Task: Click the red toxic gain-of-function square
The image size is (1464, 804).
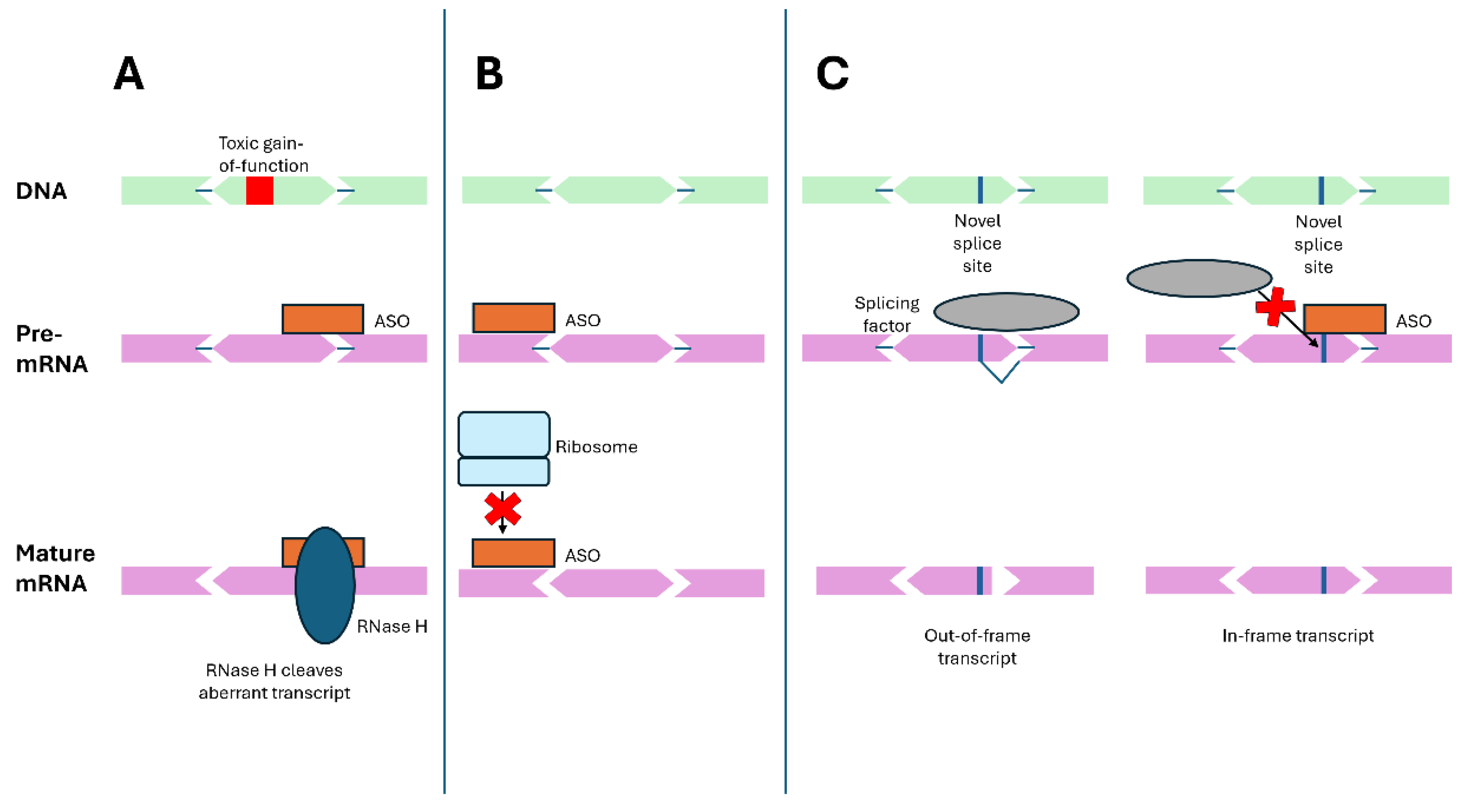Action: pos(259,190)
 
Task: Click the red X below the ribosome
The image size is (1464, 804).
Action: pos(502,509)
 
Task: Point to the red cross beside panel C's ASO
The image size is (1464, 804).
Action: pos(1275,307)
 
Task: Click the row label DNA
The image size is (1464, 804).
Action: pos(41,191)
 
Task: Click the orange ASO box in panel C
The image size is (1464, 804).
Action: pos(1344,319)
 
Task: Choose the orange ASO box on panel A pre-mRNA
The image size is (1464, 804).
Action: pos(323,319)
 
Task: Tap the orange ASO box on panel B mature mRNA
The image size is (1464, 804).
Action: pos(513,553)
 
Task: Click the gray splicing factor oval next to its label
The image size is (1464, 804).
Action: pos(1006,311)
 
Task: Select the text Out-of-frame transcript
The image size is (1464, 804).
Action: pos(977,647)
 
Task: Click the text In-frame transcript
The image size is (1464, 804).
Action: pos(1297,635)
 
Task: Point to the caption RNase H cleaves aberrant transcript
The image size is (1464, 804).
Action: pos(274,681)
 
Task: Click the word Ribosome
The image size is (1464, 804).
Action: pos(596,447)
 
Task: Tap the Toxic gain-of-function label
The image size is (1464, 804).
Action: pos(263,154)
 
